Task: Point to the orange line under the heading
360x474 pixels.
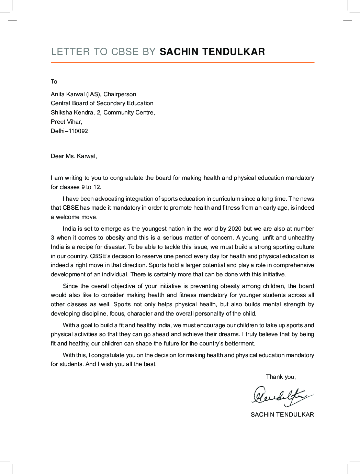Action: tap(182, 63)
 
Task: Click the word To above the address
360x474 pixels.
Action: tap(54, 81)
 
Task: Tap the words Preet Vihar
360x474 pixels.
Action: tap(66, 122)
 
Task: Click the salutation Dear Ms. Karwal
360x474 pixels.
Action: tap(74, 156)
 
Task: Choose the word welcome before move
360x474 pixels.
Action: tap(67, 217)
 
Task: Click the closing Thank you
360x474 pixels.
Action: tap(281, 377)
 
